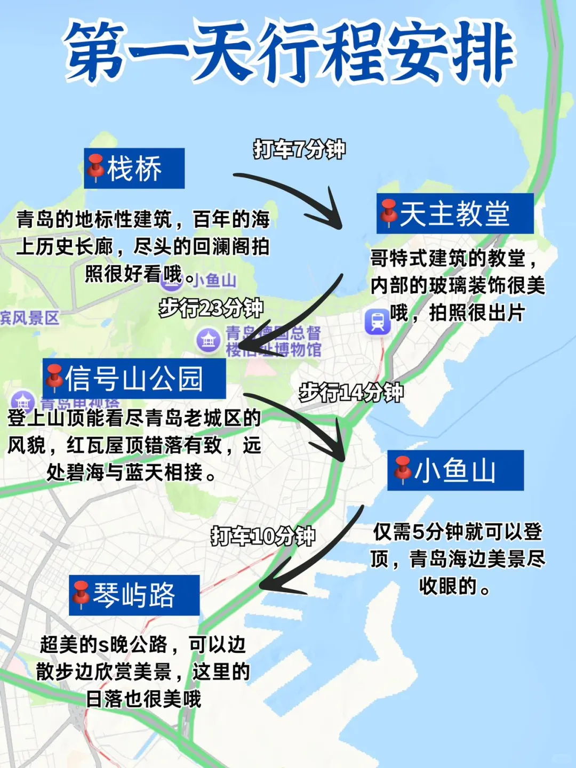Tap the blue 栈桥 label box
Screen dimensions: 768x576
pos(134,169)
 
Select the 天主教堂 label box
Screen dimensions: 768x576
pos(455,213)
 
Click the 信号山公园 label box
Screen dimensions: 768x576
pos(134,379)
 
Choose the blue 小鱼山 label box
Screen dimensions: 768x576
pos(455,470)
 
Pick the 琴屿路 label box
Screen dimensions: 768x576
pos(134,595)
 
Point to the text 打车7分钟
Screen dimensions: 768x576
pos(299,149)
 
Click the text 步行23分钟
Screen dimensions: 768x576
pos(211,308)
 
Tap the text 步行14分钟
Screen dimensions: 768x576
pos(351,393)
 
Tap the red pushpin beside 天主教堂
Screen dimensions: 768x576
pos(389,212)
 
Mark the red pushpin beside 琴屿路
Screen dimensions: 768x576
pos(81,594)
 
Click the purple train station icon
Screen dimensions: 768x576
pos(378,322)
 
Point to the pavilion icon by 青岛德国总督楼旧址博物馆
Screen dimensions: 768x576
pos(208,340)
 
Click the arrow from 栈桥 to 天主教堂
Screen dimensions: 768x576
pos(299,197)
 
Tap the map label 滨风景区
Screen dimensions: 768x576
pos(30,318)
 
